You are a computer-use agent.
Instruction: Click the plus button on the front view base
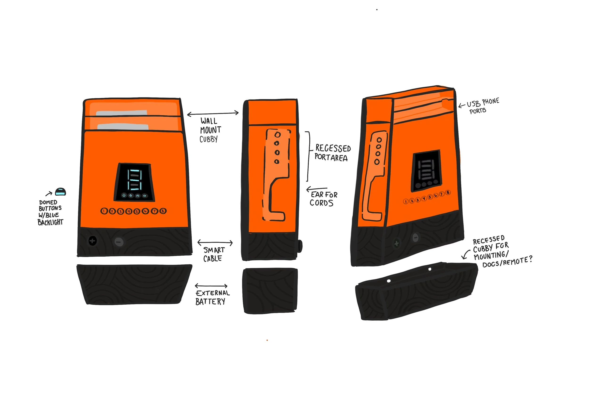(92, 241)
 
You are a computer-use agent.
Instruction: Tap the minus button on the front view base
(119, 242)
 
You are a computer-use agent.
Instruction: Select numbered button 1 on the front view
(104, 211)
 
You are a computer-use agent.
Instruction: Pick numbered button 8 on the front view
(163, 211)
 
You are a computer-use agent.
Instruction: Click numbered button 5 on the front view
(137, 211)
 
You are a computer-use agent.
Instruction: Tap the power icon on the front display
(124, 195)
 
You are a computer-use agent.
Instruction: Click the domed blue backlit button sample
(61, 192)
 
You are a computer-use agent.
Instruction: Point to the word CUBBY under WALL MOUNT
(209, 139)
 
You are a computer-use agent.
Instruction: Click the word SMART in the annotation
(214, 250)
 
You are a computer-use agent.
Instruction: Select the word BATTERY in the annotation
(210, 302)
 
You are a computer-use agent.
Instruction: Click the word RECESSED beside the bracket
(333, 148)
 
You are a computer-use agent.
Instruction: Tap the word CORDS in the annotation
(321, 203)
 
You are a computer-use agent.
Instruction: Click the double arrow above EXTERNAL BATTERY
(211, 286)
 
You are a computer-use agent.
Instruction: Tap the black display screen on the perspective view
(427, 170)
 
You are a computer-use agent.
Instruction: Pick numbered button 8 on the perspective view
(448, 193)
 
